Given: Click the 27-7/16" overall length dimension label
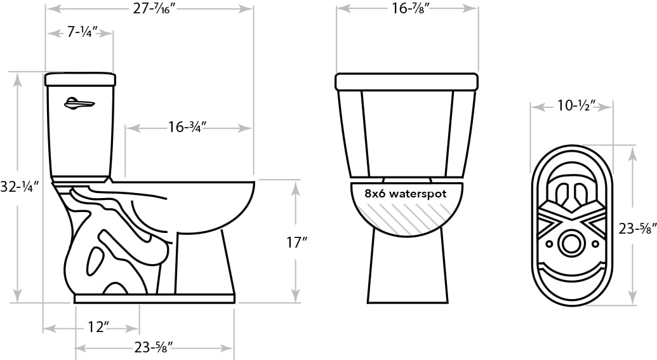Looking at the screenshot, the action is [154, 9].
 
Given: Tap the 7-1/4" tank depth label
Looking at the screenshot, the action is [83, 32].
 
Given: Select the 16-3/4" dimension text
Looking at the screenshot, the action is [188, 126].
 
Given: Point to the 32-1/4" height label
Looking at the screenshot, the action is [20, 187].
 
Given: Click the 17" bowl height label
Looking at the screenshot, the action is [296, 243].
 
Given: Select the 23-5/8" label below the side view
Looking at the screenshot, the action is [154, 347].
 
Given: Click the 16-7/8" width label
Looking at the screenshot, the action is [411, 8].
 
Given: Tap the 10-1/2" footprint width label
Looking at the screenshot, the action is [576, 106].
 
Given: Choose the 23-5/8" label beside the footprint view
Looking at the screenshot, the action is [637, 229].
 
